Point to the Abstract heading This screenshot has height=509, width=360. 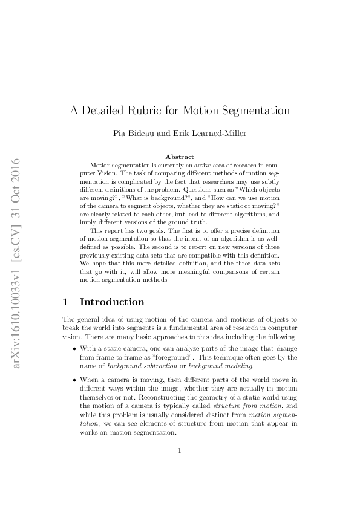pos(180,157)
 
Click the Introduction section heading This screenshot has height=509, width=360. pos(112,302)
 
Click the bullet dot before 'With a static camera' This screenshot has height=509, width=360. pos(74,349)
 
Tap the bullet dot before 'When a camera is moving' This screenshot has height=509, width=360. pos(74,380)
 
